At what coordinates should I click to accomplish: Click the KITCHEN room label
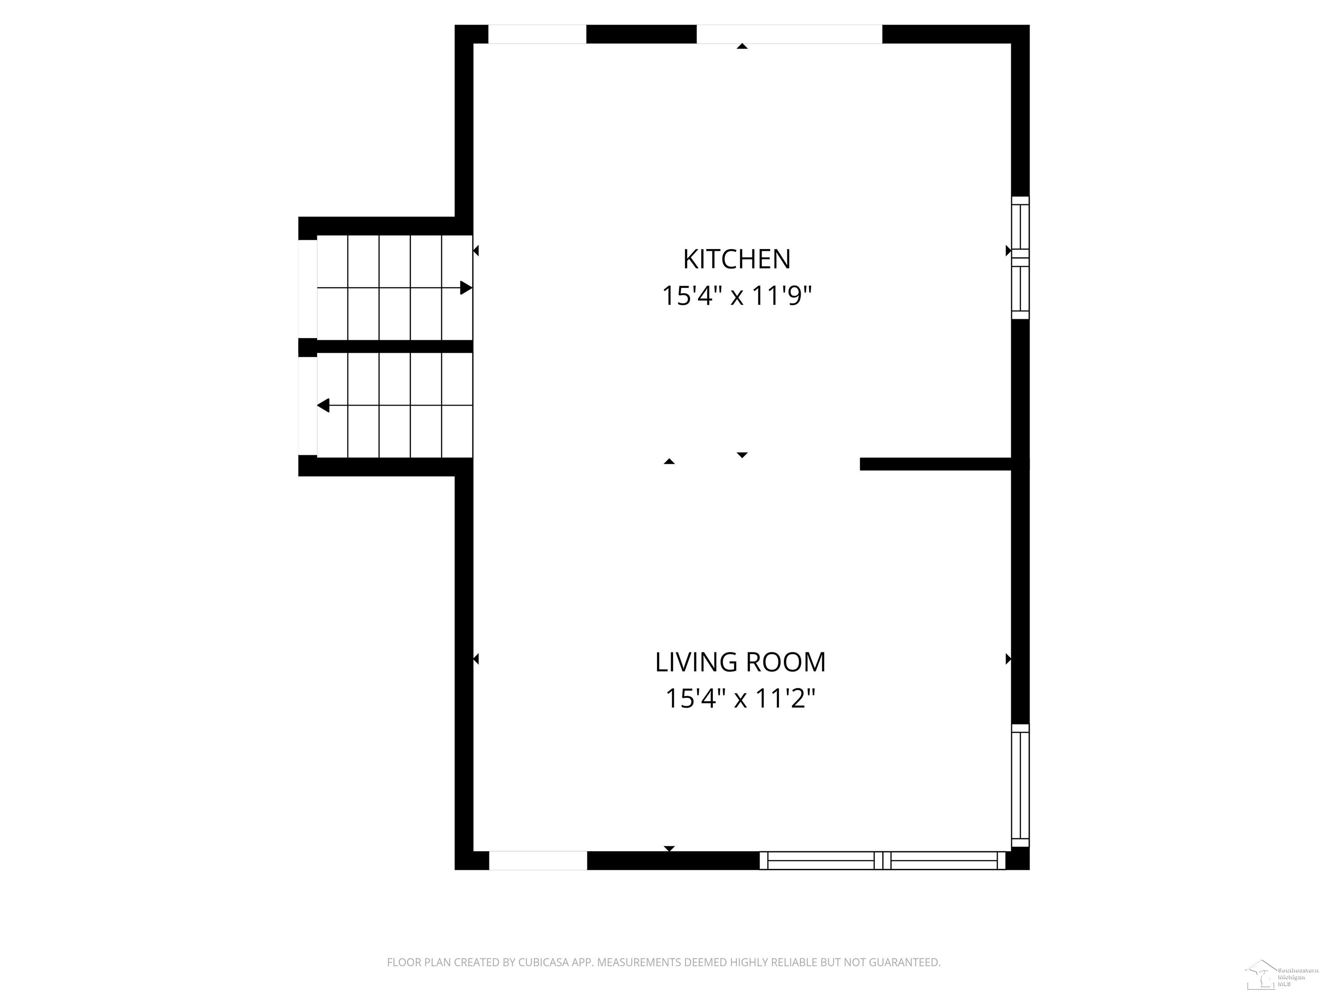(x=737, y=259)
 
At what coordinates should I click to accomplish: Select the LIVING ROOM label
(x=740, y=662)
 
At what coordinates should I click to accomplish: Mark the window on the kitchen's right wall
(x=1020, y=258)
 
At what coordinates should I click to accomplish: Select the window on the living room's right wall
(x=1020, y=785)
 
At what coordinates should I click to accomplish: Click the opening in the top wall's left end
(x=537, y=34)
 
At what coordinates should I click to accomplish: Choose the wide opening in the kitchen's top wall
(x=789, y=34)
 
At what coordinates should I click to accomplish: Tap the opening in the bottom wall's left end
(x=538, y=860)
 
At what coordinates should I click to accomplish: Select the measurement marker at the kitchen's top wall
(x=742, y=46)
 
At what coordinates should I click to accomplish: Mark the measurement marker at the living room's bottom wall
(x=669, y=848)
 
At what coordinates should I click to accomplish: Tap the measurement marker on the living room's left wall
(x=476, y=659)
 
